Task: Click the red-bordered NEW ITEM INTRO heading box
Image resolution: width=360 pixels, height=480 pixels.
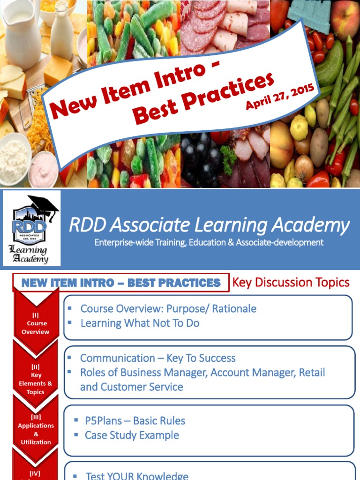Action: coord(121,283)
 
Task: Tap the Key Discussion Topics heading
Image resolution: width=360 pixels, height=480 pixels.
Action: coord(291,282)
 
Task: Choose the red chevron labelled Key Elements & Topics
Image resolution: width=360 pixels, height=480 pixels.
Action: coord(36,380)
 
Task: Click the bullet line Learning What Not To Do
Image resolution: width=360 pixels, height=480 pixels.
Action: coord(140,323)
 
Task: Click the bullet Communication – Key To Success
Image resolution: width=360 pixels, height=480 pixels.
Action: coord(157,358)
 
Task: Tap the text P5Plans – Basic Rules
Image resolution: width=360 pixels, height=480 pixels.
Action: coord(135,420)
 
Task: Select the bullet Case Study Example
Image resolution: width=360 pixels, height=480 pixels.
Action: coord(132,435)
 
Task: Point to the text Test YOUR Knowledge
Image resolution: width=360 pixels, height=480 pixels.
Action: coord(137,476)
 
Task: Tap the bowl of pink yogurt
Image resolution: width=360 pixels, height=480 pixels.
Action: coord(44,168)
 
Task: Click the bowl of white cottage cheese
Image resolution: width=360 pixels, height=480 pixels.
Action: coord(14,159)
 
